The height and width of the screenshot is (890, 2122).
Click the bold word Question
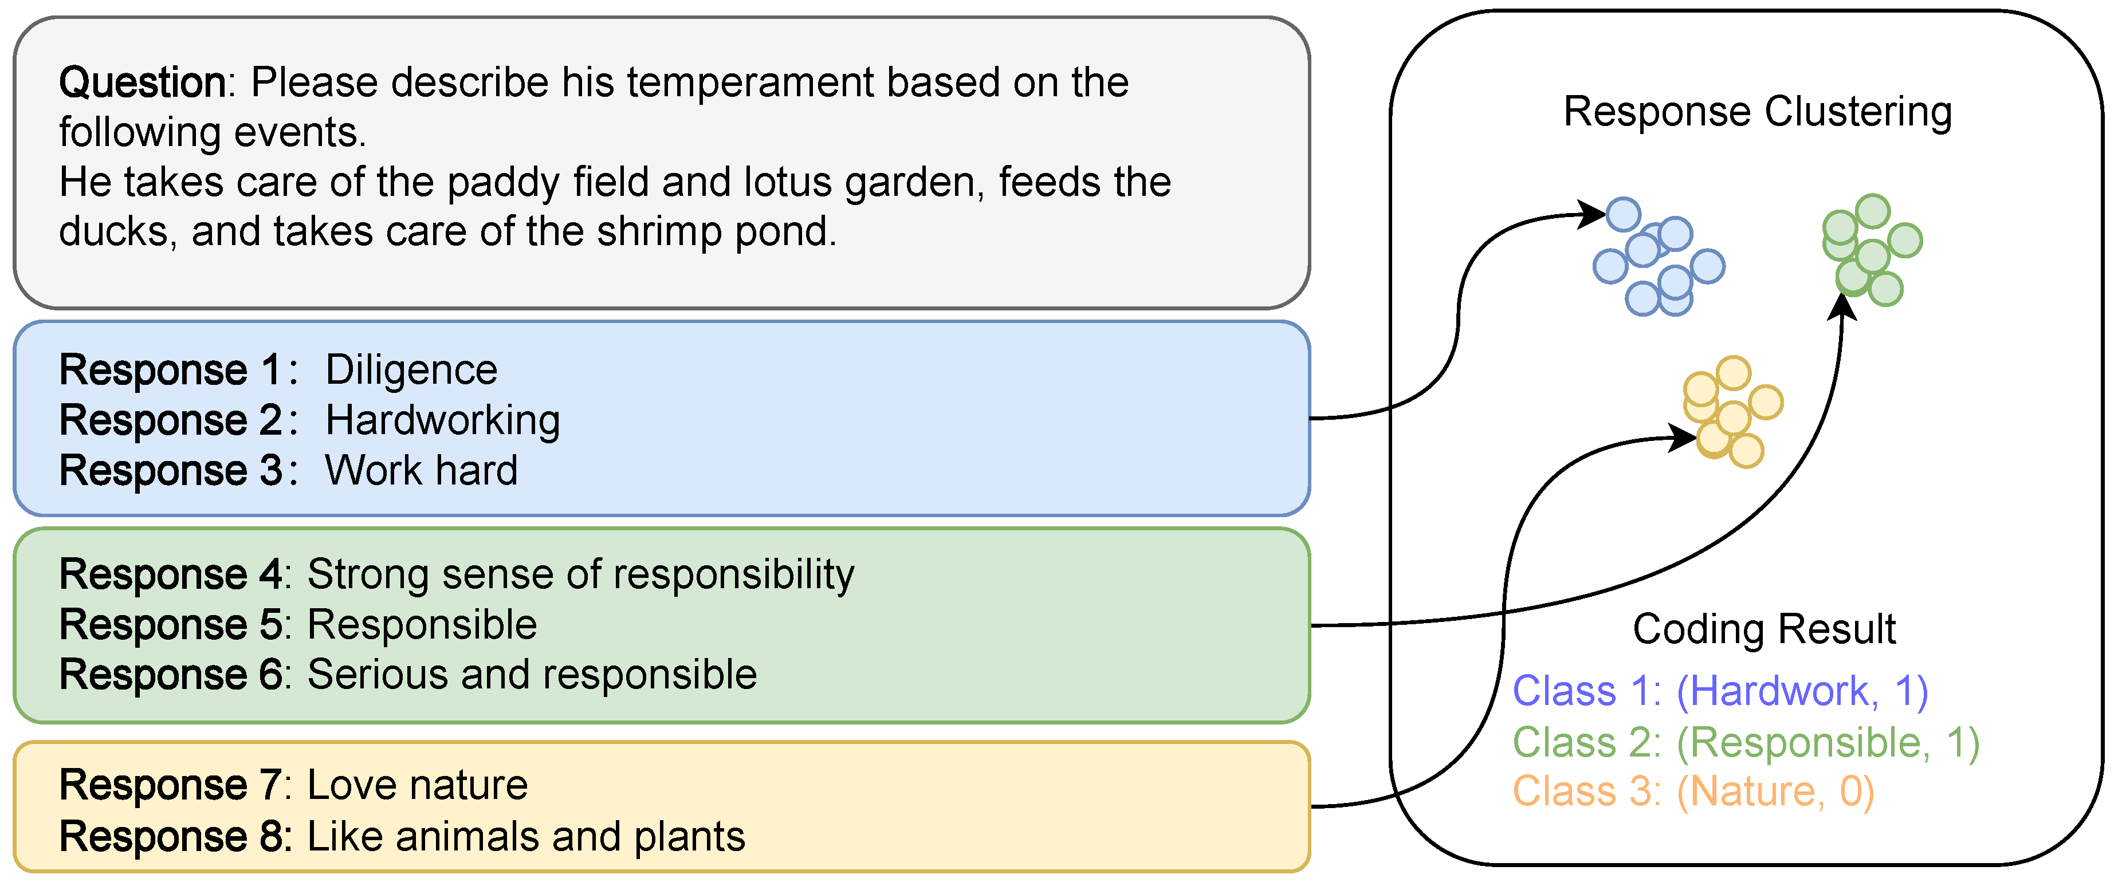click(x=142, y=83)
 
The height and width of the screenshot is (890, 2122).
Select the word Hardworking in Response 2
click(x=442, y=421)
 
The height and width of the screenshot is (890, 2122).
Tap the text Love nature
click(x=417, y=785)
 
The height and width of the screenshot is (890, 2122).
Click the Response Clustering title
click(x=1757, y=112)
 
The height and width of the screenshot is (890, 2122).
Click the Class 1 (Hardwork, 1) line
click(x=1720, y=692)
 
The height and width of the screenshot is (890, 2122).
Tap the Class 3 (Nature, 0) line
click(x=1693, y=792)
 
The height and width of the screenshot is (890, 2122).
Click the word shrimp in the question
click(x=659, y=232)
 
